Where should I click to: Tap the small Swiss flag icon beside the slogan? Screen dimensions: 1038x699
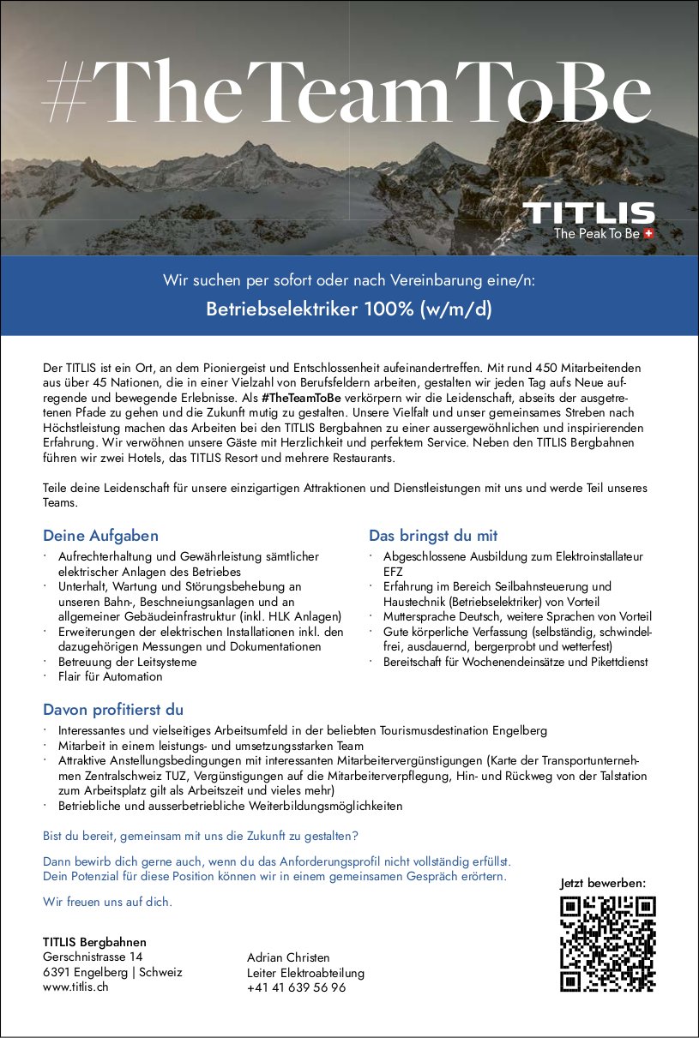[649, 233]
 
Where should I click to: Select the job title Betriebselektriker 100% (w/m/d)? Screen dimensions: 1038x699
[349, 309]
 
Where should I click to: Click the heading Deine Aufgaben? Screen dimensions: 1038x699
[100, 536]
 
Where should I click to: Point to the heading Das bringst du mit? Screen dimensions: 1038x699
[433, 536]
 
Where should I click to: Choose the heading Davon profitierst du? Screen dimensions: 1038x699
[113, 710]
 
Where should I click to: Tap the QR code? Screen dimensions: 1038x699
[607, 943]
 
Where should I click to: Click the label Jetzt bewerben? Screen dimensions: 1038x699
[603, 883]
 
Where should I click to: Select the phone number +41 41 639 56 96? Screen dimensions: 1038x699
[296, 987]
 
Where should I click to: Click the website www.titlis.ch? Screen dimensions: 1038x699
[75, 987]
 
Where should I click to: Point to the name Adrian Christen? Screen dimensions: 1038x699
[288, 957]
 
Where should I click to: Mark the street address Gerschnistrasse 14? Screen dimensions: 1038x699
[93, 957]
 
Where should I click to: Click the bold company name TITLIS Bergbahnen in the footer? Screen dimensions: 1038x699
[94, 941]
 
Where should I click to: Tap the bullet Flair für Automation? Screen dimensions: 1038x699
[110, 676]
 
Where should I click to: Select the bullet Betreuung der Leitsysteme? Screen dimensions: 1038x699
[127, 662]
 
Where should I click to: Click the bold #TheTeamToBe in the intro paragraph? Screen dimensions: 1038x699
[301, 398]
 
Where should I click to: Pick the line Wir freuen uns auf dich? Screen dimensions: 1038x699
[107, 902]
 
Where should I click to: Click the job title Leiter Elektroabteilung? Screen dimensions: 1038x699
[305, 972]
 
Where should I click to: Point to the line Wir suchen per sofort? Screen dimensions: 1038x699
[349, 280]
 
